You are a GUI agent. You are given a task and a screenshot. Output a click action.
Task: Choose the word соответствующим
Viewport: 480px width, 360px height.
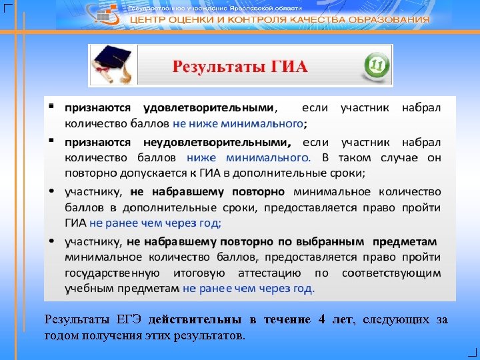coord(391,273)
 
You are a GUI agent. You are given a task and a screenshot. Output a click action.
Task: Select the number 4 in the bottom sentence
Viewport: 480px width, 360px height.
coord(321,320)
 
